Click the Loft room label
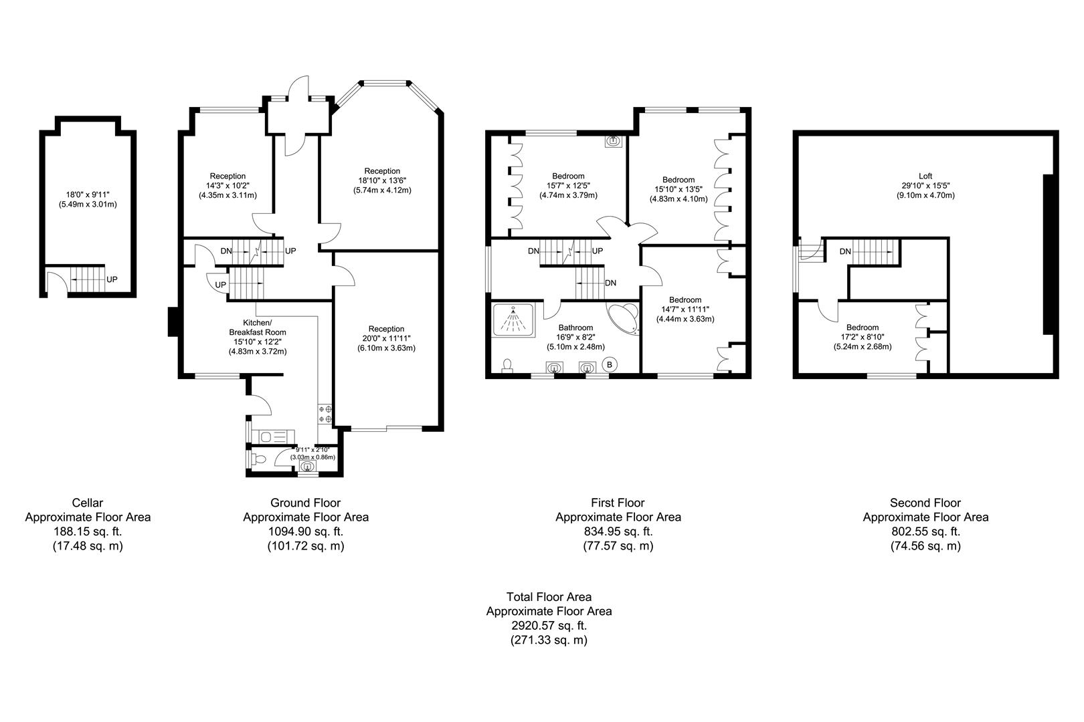925,176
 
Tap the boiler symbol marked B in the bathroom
610,364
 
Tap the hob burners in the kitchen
326,413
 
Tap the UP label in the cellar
112,279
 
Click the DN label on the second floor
845,252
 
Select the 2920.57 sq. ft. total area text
548,626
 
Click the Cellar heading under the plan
88,503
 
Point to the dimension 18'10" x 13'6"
381,180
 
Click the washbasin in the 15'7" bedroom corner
613,142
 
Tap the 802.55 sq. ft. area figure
925,531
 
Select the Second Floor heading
925,503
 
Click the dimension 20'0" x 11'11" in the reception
386,338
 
